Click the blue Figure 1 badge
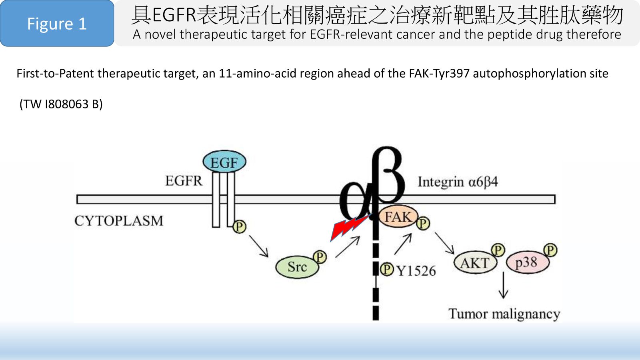(57, 24)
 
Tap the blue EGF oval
(224, 162)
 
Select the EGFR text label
(184, 181)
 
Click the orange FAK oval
(398, 217)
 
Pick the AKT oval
(475, 263)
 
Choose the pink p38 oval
(526, 263)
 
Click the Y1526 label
(416, 271)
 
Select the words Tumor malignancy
(504, 314)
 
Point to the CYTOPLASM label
(119, 221)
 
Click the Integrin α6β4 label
(458, 182)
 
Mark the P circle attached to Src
(320, 257)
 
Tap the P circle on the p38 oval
(550, 250)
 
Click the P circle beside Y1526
(386, 269)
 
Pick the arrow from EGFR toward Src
(258, 246)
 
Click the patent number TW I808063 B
(61, 104)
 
